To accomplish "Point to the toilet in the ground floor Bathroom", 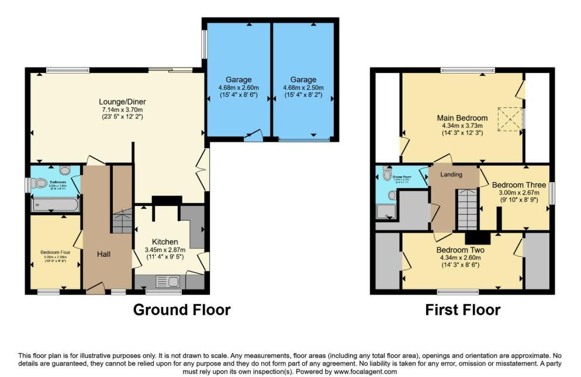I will (40, 183).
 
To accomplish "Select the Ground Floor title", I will (182, 310).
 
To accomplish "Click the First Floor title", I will (462, 310).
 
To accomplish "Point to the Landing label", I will (451, 174).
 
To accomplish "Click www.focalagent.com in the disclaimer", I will (365, 372).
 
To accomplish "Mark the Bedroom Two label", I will (461, 250).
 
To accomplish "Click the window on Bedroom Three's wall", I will (552, 193).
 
